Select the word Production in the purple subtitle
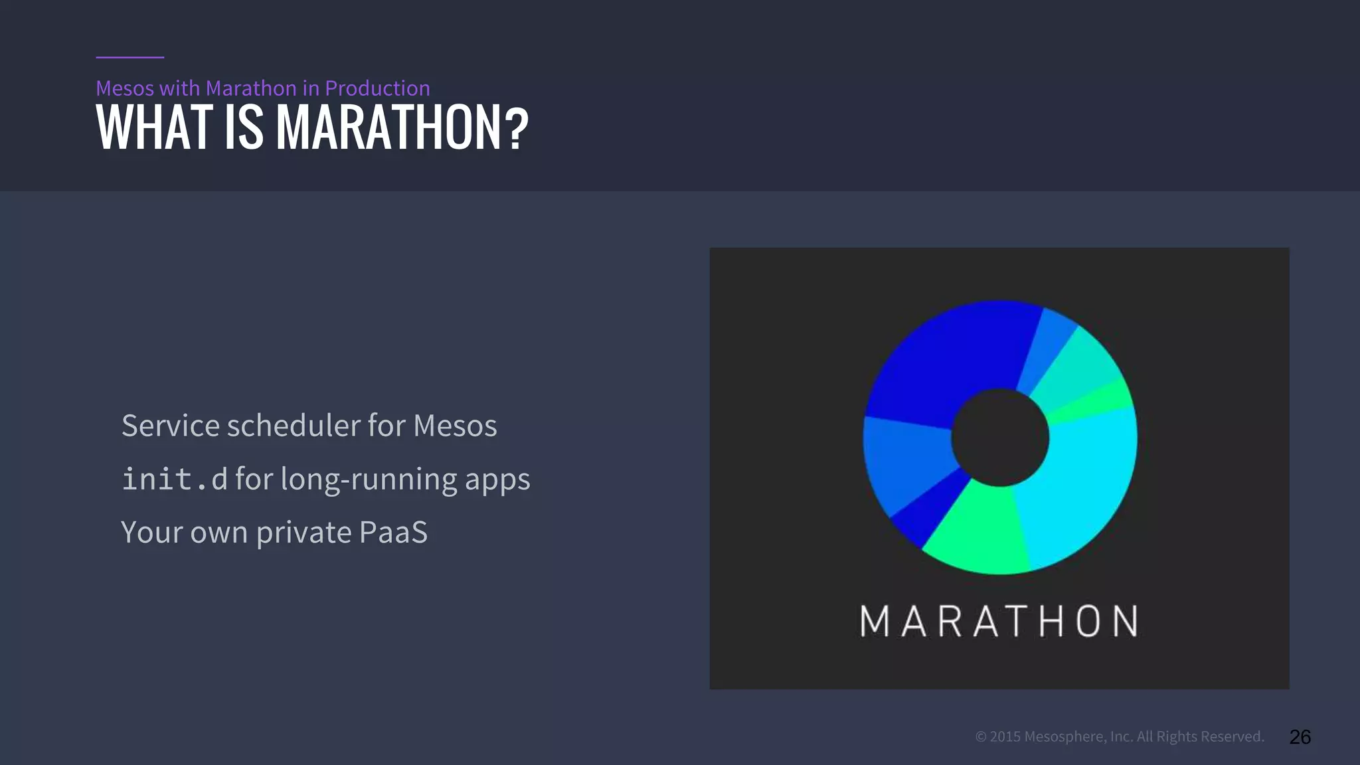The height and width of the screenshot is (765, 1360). tap(377, 88)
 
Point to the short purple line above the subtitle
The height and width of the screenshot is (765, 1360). tap(129, 57)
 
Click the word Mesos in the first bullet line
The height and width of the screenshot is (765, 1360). tap(455, 426)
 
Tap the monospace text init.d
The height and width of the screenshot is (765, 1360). tap(174, 479)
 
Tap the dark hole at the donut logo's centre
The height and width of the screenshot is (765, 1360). tap(999, 438)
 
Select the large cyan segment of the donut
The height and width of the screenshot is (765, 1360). tap(1082, 478)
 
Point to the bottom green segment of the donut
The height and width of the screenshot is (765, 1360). tap(976, 531)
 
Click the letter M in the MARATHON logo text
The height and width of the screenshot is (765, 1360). tap(875, 622)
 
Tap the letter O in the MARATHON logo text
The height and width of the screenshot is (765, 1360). tap(1088, 622)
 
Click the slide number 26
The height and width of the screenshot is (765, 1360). tap(1300, 736)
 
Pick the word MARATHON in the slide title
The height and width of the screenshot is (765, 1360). tap(389, 127)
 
